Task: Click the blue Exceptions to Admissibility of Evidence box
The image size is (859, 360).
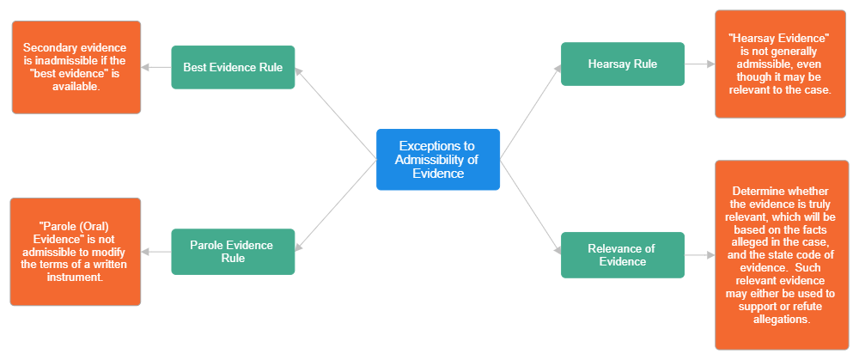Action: tap(438, 159)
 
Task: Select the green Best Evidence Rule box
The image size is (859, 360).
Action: tap(233, 67)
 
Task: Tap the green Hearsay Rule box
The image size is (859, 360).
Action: tap(623, 64)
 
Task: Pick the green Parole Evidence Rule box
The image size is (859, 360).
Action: tap(233, 252)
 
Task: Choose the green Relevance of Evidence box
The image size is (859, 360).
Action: tap(623, 255)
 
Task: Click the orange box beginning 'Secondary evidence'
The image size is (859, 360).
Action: tap(76, 67)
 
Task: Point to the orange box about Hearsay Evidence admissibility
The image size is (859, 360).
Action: tap(780, 64)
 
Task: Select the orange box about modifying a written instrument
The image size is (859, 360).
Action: tap(75, 252)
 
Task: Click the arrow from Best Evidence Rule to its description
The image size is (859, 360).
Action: tap(156, 67)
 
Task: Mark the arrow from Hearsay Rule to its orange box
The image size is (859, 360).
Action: tap(700, 64)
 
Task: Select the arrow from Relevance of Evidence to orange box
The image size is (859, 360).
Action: tap(700, 255)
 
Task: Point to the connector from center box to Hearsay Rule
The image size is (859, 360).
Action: tap(529, 112)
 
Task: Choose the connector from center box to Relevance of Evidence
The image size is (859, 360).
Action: tap(529, 206)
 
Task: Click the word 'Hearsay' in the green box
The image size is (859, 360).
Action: tap(608, 64)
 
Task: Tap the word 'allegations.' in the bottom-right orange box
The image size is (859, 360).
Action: tap(780, 319)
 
